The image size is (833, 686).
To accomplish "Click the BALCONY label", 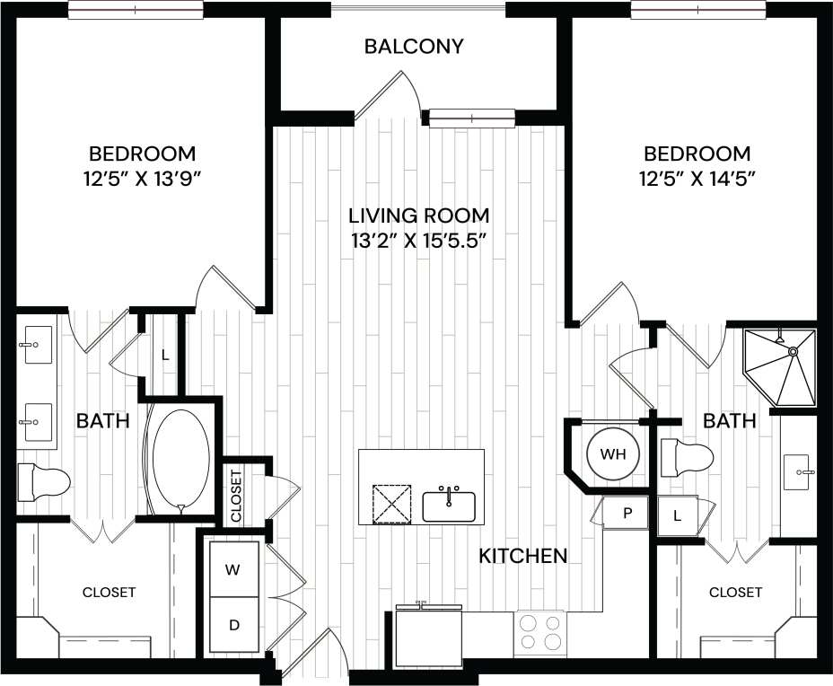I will coord(414,47).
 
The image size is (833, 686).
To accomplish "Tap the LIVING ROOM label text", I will coord(419,215).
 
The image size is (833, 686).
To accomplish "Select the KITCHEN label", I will coord(522,556).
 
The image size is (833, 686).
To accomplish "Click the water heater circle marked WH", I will coord(612,454).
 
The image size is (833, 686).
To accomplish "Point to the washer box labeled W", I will coord(232,569).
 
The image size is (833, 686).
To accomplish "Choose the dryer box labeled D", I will coord(232,625).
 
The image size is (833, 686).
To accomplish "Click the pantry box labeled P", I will coord(628,514).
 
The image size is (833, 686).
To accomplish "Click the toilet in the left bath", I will coord(46,482).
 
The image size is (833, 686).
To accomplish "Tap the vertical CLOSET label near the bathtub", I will coord(237,496).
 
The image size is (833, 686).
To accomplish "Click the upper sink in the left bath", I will coord(38,345).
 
